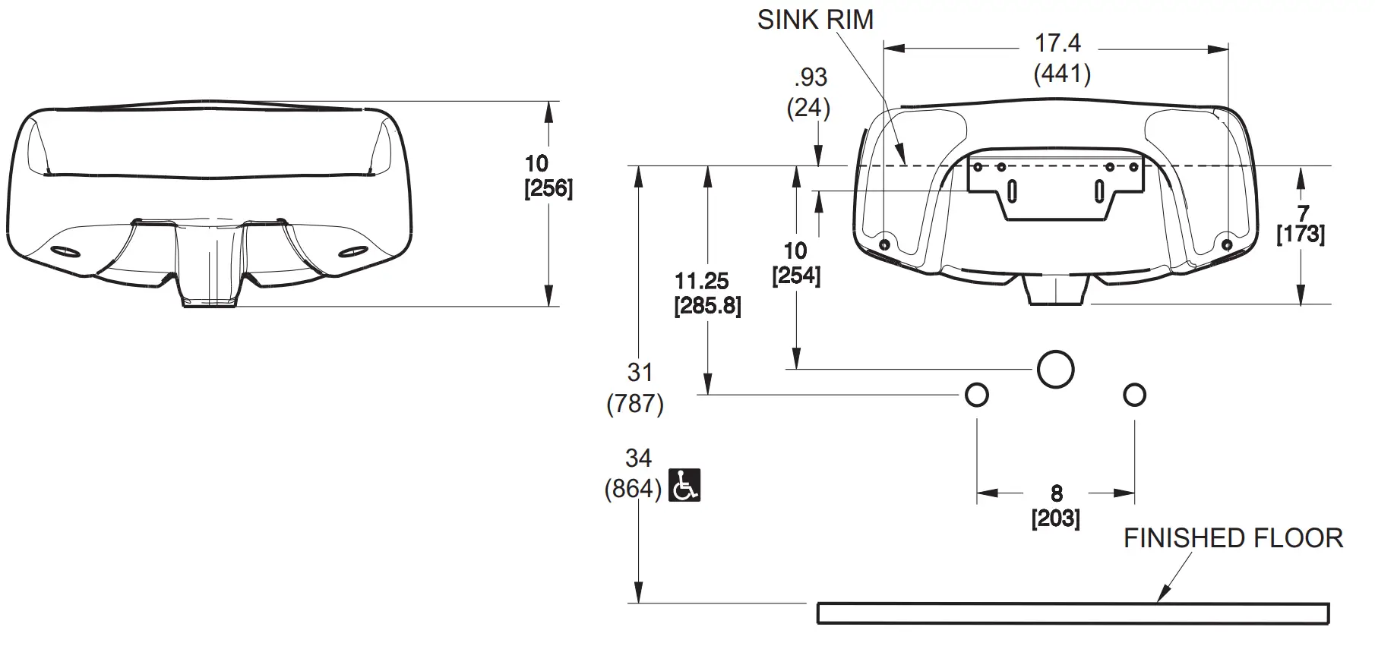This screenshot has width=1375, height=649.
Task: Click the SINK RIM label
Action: coord(815,20)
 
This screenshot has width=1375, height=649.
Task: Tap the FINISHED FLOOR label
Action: coord(1233,538)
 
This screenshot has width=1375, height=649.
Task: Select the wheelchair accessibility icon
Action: coord(684,486)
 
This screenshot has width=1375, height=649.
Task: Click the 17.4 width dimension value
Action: coord(1058,43)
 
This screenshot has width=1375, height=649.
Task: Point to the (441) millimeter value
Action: coord(1062,74)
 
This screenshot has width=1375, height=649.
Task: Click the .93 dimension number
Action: coord(811,77)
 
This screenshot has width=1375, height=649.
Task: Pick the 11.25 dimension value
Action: coord(701,282)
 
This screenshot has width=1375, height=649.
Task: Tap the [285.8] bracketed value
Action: coord(707,307)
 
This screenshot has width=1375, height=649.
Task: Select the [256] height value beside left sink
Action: coord(548,188)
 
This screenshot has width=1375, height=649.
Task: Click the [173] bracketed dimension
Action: coord(1301,234)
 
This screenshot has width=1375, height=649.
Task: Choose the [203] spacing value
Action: coord(1055,518)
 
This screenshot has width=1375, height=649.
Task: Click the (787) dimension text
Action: coord(635,403)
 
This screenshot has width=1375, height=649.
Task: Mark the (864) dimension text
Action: coord(633,488)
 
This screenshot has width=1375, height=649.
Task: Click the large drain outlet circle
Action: coord(1055,370)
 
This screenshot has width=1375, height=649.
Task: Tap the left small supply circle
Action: coord(976,395)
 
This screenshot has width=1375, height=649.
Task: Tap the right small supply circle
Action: coord(1134,395)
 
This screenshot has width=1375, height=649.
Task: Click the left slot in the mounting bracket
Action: coord(1012,191)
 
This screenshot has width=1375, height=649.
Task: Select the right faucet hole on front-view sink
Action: coord(352,251)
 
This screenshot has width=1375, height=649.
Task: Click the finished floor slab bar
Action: coord(1073,613)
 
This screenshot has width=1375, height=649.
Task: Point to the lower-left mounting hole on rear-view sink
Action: coord(884,244)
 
